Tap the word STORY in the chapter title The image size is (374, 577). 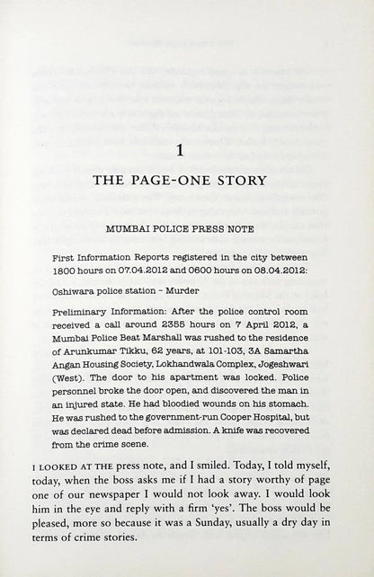[x=241, y=180]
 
